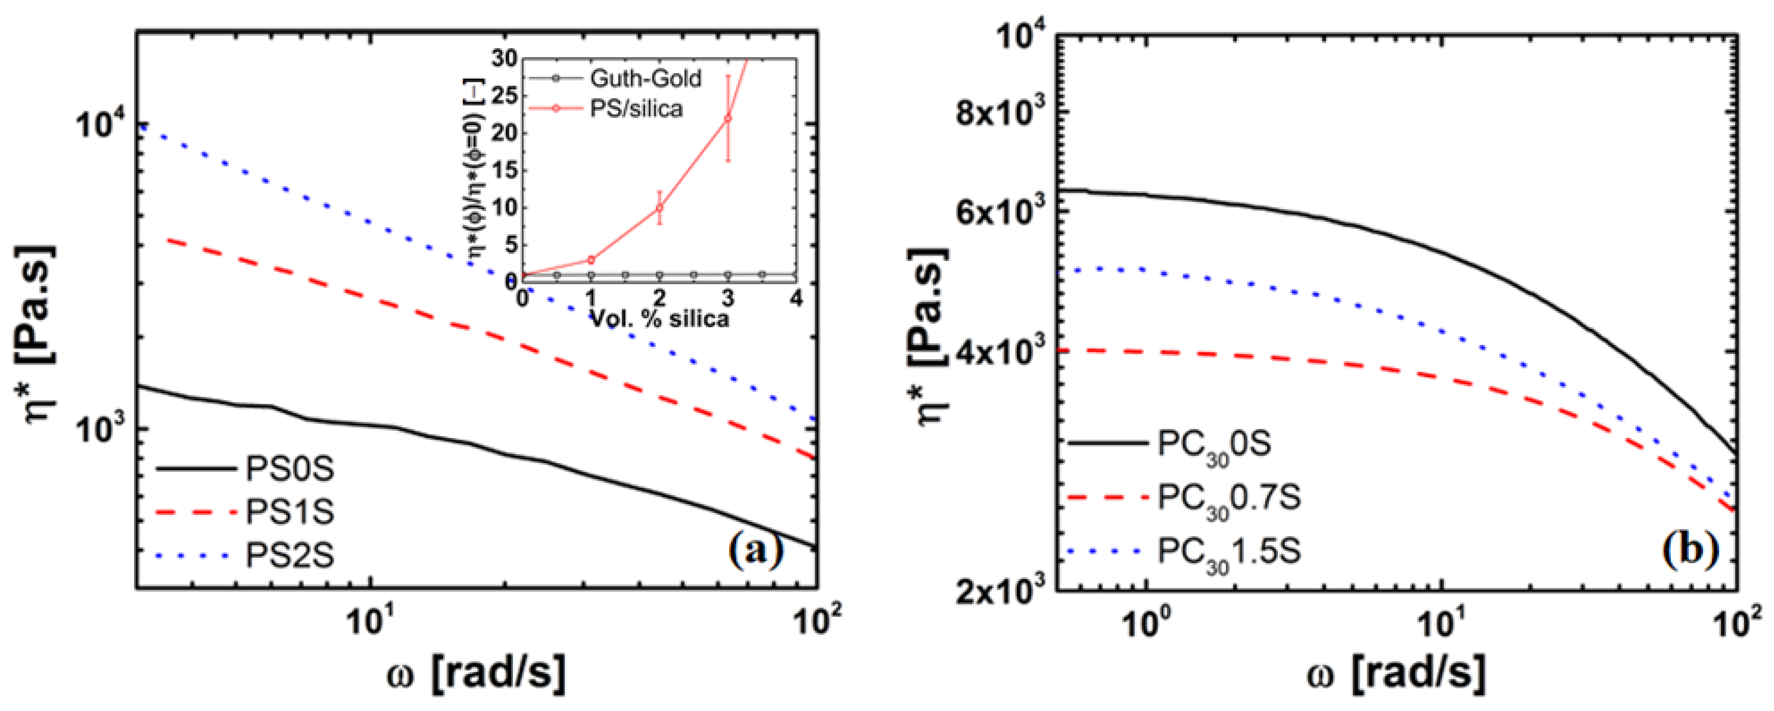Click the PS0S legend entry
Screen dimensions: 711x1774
click(x=289, y=469)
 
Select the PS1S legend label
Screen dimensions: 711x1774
click(x=289, y=512)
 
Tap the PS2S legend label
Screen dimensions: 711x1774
click(x=289, y=555)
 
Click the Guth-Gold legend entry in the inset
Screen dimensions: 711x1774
click(x=645, y=79)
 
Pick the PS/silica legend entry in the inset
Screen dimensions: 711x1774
click(x=636, y=109)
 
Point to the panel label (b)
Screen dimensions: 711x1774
click(x=1690, y=549)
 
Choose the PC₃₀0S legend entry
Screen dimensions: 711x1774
click(x=1213, y=444)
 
